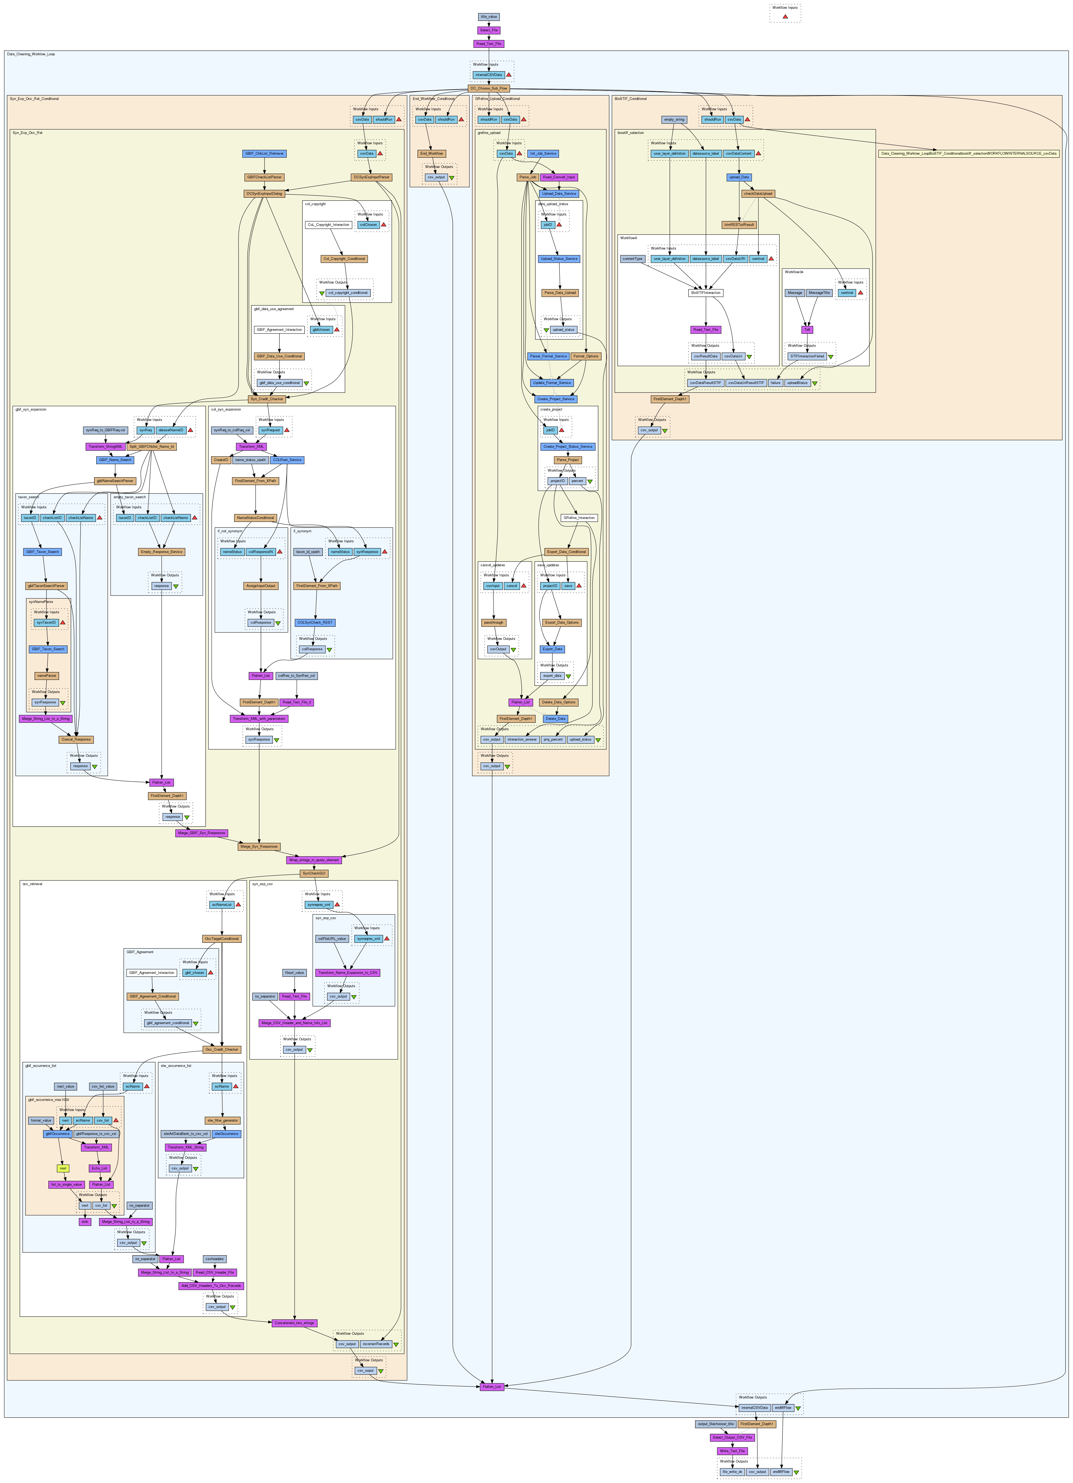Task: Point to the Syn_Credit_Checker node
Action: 267,399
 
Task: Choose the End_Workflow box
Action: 432,154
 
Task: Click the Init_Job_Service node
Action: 543,154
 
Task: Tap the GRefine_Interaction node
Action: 579,518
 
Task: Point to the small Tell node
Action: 807,329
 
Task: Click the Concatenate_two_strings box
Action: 294,1323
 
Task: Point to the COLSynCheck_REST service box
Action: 315,623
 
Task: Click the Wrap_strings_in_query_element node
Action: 314,860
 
